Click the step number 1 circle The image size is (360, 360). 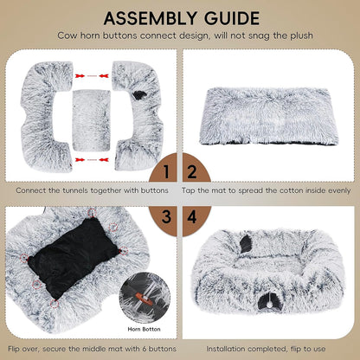pos(167,170)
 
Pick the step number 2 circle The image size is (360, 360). pos(193,170)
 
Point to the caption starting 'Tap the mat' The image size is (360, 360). pos(269,189)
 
